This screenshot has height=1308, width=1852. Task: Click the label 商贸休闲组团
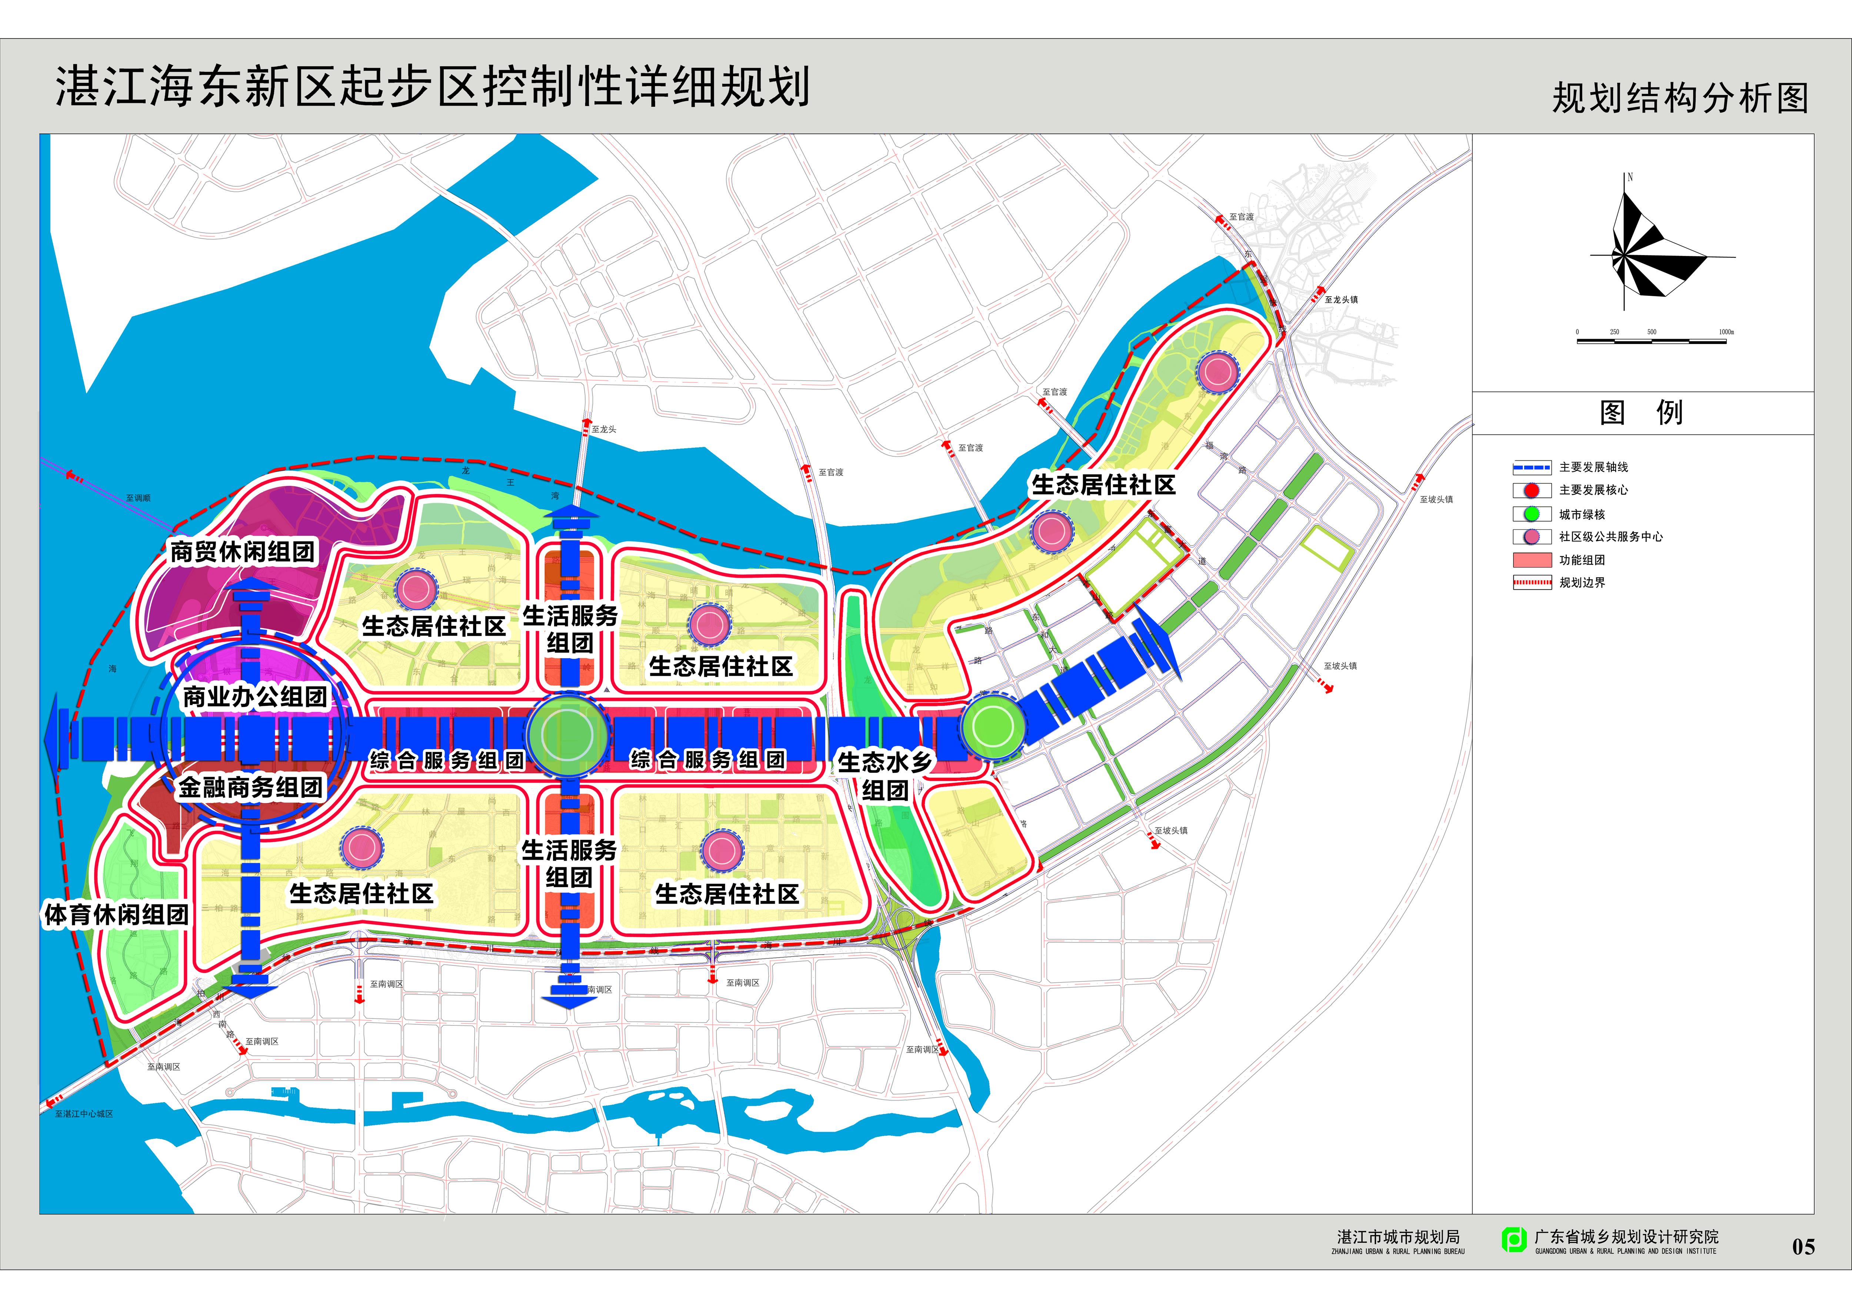click(x=242, y=553)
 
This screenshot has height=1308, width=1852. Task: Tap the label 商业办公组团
click(x=255, y=697)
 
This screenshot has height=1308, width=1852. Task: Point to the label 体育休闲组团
click(x=117, y=914)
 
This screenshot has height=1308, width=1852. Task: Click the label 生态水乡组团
click(x=885, y=776)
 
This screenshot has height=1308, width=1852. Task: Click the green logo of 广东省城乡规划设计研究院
click(x=1513, y=1239)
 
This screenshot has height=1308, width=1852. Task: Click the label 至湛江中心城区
click(x=84, y=1114)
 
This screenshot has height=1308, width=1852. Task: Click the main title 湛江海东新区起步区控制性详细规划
click(x=432, y=87)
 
